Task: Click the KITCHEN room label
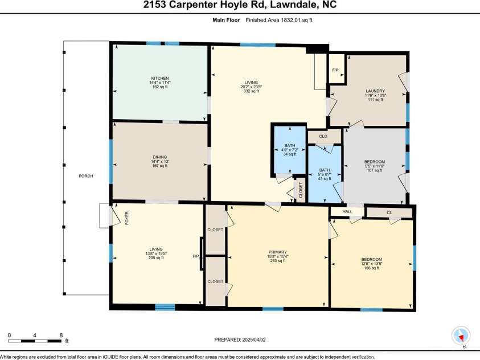tap(159, 78)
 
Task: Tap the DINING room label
tap(159, 157)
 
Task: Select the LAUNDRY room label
tap(375, 91)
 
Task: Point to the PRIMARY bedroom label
tap(278, 252)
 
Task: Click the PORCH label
tap(85, 176)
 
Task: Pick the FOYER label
tap(127, 217)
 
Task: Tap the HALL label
tap(347, 212)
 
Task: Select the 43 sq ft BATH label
tap(325, 170)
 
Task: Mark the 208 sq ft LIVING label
tap(156, 249)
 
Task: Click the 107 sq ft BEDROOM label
tap(374, 162)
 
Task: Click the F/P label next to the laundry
tap(335, 70)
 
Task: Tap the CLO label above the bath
tap(322, 136)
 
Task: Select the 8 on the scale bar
tap(61, 335)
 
